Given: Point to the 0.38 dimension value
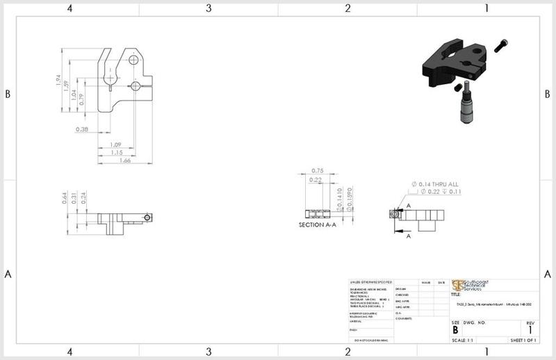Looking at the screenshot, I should pos(81,129).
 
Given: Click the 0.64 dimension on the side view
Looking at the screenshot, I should pos(64,198).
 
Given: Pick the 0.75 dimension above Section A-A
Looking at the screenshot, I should pos(318,171).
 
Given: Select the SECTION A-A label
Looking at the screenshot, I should pos(317,225).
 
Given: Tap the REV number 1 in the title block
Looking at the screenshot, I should pos(530,330).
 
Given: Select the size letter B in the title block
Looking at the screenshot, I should pos(455,330).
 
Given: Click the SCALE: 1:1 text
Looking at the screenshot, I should pos(464,341).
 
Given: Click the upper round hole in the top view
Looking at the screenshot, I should pos(133,62).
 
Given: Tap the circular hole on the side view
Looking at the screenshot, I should pos(147,217).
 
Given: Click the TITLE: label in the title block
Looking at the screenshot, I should pos(457,294).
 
